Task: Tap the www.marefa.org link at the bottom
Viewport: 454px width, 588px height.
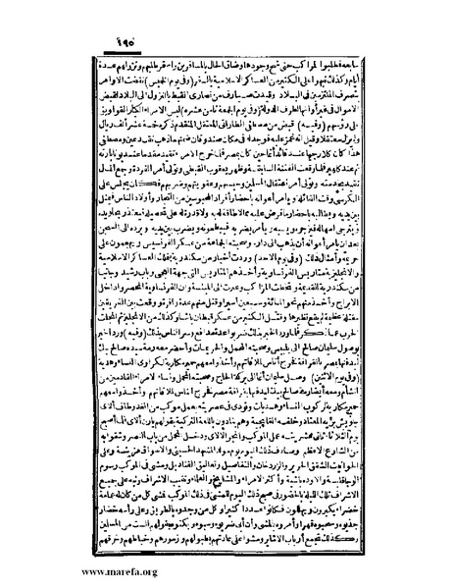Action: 61,567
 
